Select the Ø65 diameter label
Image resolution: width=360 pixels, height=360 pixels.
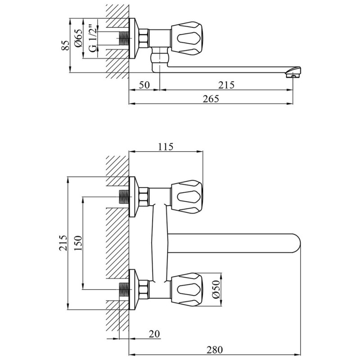pyautogui.click(x=78, y=38)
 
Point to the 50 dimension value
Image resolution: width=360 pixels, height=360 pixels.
pyautogui.click(x=144, y=85)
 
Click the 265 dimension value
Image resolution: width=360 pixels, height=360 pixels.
pyautogui.click(x=211, y=99)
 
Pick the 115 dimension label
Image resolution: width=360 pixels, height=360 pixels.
pyautogui.click(x=166, y=147)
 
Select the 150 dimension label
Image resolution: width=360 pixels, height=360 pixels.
pyautogui.click(x=78, y=243)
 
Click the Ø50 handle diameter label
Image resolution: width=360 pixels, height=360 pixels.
pyautogui.click(x=216, y=289)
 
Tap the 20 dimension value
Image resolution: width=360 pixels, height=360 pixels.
pyautogui.click(x=154, y=334)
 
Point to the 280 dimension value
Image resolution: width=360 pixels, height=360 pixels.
pyautogui.click(x=215, y=350)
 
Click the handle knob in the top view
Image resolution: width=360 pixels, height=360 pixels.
pyautogui.click(x=186, y=39)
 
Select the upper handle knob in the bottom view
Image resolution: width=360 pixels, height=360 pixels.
pyautogui.click(x=186, y=197)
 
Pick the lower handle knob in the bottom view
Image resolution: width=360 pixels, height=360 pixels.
pyautogui.click(x=186, y=290)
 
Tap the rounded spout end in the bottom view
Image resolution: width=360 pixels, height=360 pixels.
pyautogui.click(x=296, y=243)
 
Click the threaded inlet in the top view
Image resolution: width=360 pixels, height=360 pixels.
pyautogui.click(x=124, y=38)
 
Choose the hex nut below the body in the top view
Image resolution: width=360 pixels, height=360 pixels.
pyautogui.click(x=160, y=58)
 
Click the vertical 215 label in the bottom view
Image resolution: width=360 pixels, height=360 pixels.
pyautogui.click(x=63, y=243)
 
